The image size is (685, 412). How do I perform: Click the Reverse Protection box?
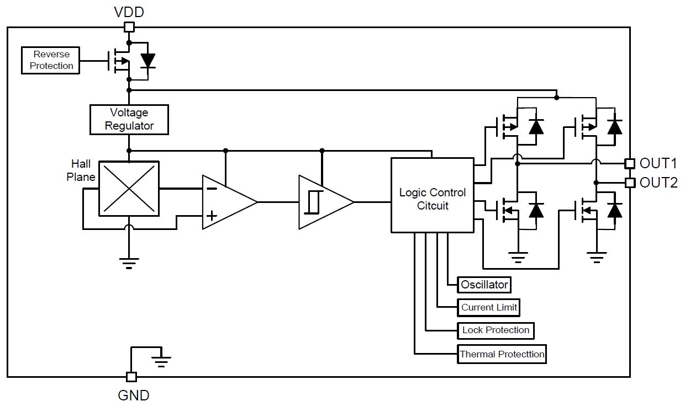pyautogui.click(x=50, y=60)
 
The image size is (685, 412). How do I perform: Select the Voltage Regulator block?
pyautogui.click(x=129, y=120)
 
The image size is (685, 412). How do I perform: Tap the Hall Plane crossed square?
pyautogui.click(x=129, y=189)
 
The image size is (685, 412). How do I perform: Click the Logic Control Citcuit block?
pyautogui.click(x=433, y=195)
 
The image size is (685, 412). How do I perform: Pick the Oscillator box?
pyautogui.click(x=484, y=285)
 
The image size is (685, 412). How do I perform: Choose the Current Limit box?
pyautogui.click(x=488, y=307)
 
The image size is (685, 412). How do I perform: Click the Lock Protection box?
pyautogui.click(x=496, y=330)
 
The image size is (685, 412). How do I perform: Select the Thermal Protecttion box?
pyautogui.click(x=502, y=354)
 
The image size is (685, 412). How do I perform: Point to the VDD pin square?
pyautogui.click(x=129, y=27)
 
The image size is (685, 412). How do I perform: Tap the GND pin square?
pyautogui.click(x=131, y=377)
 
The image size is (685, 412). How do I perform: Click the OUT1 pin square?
pyautogui.click(x=629, y=163)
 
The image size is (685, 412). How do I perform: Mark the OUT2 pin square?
pyautogui.click(x=629, y=183)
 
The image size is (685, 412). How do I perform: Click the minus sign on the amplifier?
pyautogui.click(x=212, y=189)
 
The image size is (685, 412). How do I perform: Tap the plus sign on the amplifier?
pyautogui.click(x=212, y=216)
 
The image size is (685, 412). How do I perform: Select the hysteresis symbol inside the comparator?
pyautogui.click(x=314, y=202)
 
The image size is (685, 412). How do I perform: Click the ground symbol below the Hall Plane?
pyautogui.click(x=129, y=263)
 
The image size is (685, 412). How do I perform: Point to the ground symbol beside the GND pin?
pyautogui.click(x=161, y=362)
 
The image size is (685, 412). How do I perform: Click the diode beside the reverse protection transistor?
pyautogui.click(x=148, y=61)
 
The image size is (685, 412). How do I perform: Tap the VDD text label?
pyautogui.click(x=129, y=12)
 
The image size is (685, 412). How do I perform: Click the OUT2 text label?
pyautogui.click(x=658, y=183)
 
